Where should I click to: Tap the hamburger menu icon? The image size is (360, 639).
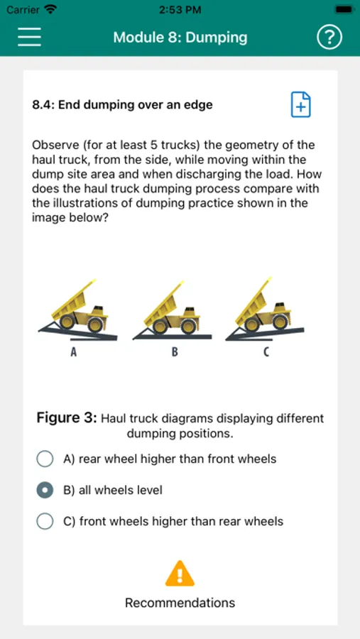tap(29, 37)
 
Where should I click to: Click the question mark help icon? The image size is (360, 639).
tap(329, 38)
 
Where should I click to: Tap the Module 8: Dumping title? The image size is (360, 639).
tap(180, 38)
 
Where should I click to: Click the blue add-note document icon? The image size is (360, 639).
tap(300, 105)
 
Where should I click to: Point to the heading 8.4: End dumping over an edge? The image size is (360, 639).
tap(122, 105)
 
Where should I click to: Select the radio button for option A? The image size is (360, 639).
tap(45, 459)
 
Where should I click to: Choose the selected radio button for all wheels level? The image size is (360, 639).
tap(45, 489)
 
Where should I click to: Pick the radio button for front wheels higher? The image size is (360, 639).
tap(45, 521)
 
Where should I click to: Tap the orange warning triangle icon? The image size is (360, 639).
tap(180, 574)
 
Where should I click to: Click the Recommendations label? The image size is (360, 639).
tap(180, 603)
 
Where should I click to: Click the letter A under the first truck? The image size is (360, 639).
tap(74, 352)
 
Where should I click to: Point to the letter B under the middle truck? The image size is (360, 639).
tap(175, 352)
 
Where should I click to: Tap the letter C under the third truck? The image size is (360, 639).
tap(266, 352)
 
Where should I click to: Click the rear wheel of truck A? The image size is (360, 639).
tap(67, 322)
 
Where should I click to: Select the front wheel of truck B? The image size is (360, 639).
tap(188, 326)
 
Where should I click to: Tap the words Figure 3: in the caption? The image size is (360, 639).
tap(67, 418)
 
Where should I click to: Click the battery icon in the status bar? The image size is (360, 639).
tap(343, 9)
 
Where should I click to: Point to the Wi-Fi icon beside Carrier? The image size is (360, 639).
tap(50, 9)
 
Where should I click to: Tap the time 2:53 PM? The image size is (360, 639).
tap(180, 10)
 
